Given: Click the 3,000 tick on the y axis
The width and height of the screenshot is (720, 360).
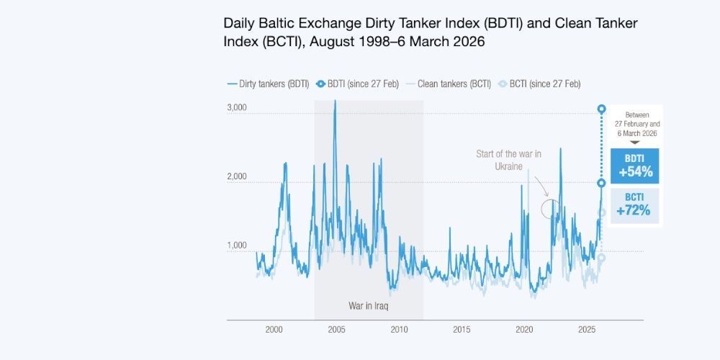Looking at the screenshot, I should coord(238,108).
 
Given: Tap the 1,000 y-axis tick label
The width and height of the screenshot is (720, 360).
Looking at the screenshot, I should coord(238,246).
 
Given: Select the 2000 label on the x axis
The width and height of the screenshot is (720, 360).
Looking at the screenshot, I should coord(274,330).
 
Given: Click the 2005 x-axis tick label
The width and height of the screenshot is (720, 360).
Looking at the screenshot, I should coord(336,330).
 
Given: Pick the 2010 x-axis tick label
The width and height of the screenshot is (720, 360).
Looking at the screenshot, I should coord(399,330).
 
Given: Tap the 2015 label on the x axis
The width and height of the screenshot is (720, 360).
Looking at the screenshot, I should coord(462,330).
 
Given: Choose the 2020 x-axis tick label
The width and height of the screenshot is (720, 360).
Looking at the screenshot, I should coord(524,330).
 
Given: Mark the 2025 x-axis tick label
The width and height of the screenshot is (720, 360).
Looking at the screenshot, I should coord(587,330).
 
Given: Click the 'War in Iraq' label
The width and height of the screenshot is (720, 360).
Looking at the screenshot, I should coord(369,305).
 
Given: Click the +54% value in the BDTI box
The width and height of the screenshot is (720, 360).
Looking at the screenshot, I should coord(634,172).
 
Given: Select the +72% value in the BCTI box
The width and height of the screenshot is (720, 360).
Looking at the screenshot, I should coord(634,211).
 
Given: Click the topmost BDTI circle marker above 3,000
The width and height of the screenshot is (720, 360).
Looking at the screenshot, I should coord(602,109).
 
